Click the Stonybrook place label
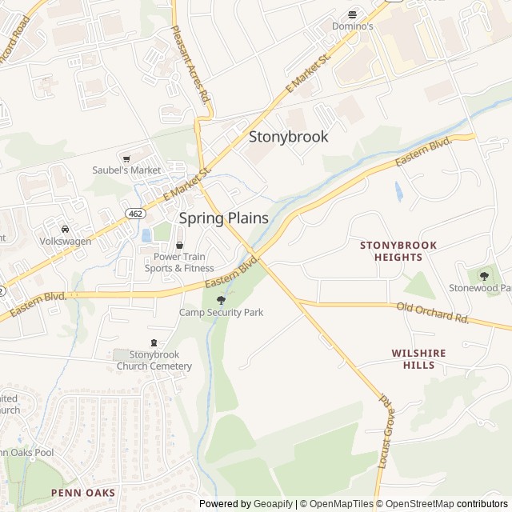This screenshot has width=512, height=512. pyautogui.click(x=288, y=137)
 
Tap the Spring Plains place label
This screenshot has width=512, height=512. pyautogui.click(x=223, y=218)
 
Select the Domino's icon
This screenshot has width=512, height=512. pyautogui.click(x=352, y=14)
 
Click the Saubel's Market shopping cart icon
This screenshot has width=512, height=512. pyautogui.click(x=126, y=158)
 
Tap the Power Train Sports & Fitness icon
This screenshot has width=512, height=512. pyautogui.click(x=179, y=245)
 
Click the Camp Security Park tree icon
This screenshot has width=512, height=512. pyautogui.click(x=221, y=300)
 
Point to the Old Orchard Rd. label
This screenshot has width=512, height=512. pyautogui.click(x=433, y=312)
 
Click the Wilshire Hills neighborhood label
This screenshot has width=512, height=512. pyautogui.click(x=418, y=358)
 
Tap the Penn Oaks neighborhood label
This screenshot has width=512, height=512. pyautogui.click(x=83, y=493)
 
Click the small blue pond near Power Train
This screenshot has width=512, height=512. pyautogui.click(x=146, y=235)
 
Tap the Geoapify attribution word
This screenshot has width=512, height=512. pyautogui.click(x=274, y=504)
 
